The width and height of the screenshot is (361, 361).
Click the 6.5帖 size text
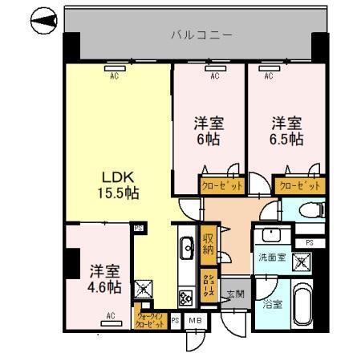(286, 138)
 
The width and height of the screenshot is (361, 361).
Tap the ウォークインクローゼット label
(151, 319)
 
